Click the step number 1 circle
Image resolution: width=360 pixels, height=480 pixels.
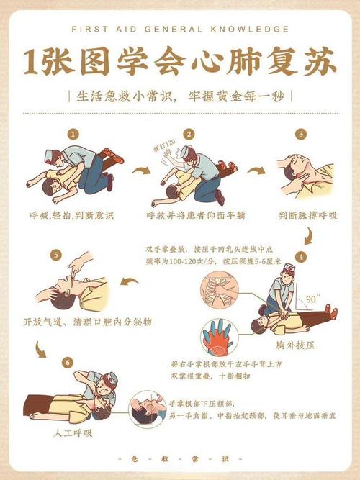click(x=72, y=134)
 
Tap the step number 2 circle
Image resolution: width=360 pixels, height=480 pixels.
click(x=189, y=134)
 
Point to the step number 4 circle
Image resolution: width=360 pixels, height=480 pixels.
click(x=300, y=256)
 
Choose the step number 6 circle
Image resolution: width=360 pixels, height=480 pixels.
click(x=68, y=362)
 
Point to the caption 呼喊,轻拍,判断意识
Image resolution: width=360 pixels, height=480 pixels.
click(x=71, y=215)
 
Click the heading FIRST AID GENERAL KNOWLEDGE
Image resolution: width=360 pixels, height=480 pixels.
click(x=180, y=30)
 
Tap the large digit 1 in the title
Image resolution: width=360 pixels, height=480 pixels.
click(x=32, y=63)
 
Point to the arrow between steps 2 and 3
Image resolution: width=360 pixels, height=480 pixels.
click(x=256, y=171)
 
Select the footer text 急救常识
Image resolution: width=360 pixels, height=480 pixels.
click(x=179, y=458)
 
